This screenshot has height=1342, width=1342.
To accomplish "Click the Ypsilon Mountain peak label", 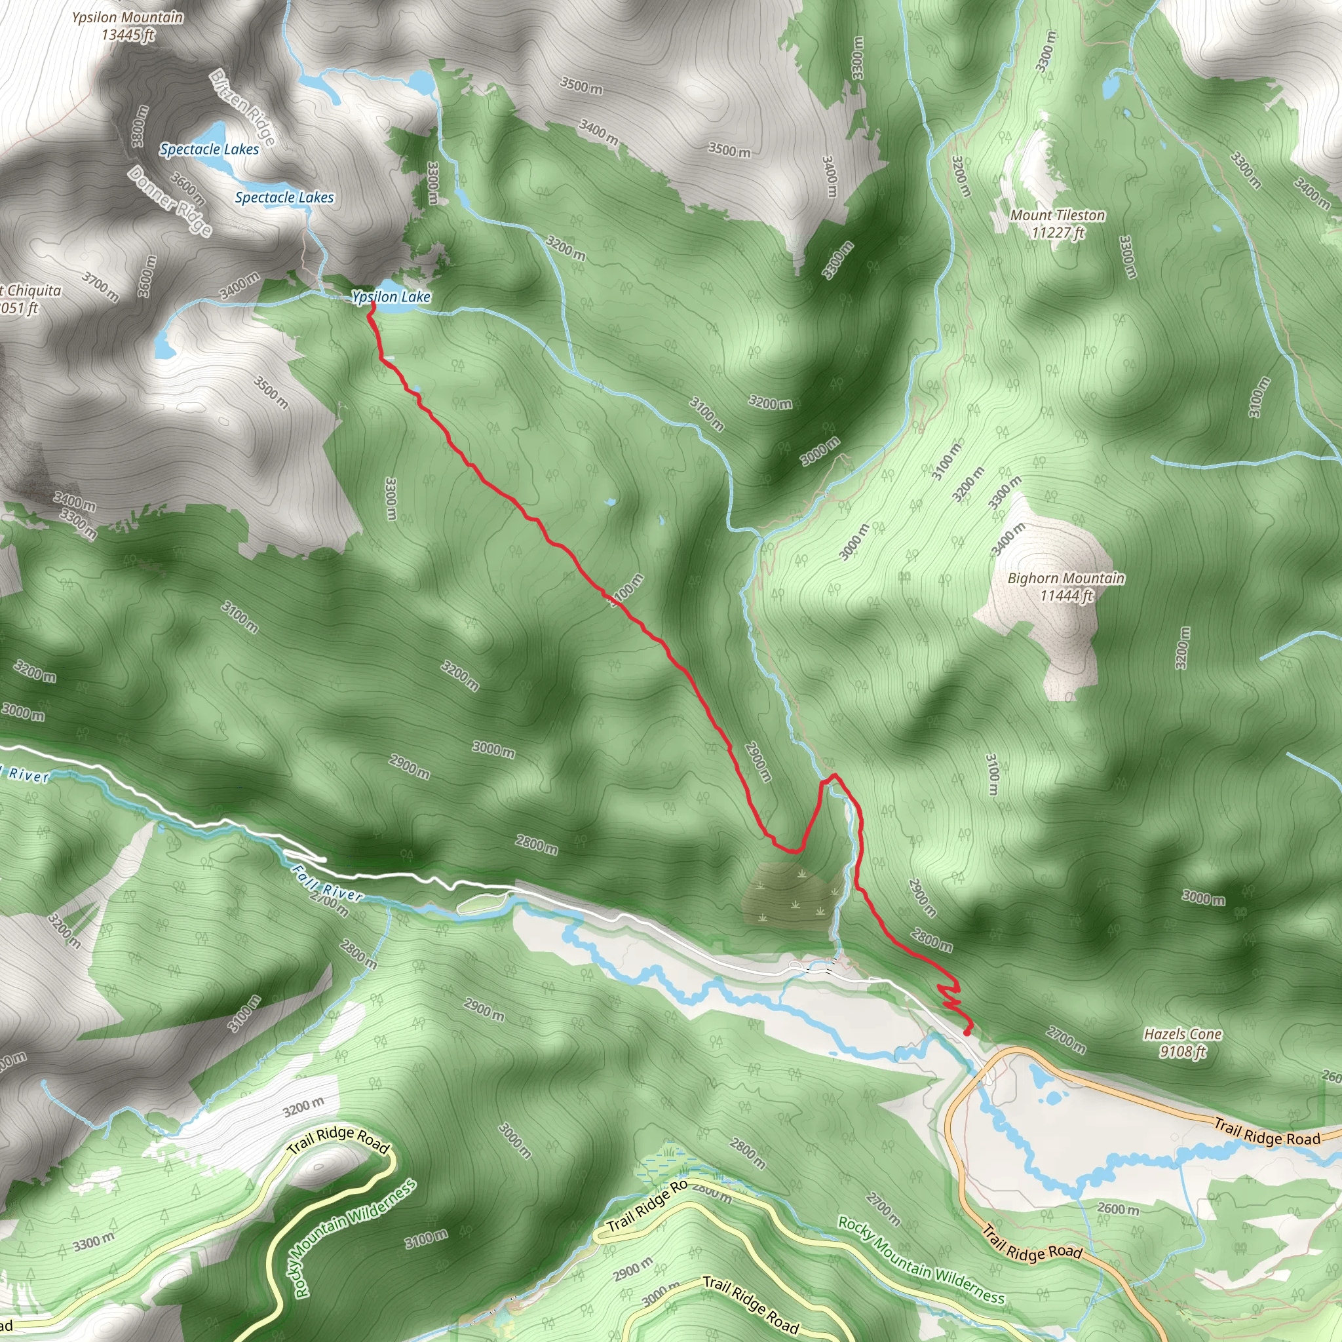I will point(128,26).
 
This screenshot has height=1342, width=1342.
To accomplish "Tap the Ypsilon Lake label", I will point(391,297).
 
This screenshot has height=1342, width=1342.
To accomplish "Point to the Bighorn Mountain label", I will point(1065,578).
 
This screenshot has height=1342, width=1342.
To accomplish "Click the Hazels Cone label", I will point(1182,1034).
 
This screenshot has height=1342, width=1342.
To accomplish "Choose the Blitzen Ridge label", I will point(243,107).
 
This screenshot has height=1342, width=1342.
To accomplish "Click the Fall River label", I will point(326,883).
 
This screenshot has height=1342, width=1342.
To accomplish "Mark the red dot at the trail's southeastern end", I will point(967,1032).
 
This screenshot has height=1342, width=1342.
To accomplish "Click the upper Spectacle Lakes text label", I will point(209,149).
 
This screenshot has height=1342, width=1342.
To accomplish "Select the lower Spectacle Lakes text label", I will point(284,198).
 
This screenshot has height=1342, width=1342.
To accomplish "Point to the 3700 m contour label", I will point(100,286).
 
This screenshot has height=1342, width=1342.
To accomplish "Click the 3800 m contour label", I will point(140,126).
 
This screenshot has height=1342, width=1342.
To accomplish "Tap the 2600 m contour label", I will point(1119,1208).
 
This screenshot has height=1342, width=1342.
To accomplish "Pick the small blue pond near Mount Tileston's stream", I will point(1110,86).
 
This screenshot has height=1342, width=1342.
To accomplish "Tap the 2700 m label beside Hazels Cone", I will point(1065,1040).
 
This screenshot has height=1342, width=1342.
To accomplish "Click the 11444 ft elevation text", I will point(1066,595).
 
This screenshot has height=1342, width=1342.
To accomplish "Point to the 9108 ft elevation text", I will point(1182,1052).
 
